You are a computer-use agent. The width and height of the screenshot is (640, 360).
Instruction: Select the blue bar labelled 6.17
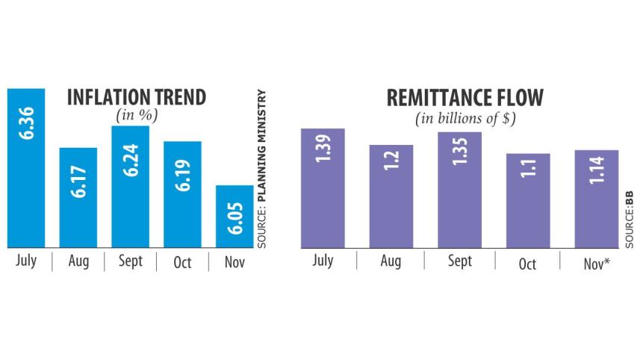pos(78,198)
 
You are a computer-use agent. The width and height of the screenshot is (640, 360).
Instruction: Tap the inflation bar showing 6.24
pos(130,187)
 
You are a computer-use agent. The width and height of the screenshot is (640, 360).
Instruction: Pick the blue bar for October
pos(182,194)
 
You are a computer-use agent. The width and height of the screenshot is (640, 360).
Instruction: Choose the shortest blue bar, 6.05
pos(234,217)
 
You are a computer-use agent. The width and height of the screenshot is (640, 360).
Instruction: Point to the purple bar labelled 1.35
pos(459,190)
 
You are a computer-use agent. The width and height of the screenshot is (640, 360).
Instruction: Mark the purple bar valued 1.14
pos(596,199)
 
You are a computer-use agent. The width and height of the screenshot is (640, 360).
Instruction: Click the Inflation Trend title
pos(137,98)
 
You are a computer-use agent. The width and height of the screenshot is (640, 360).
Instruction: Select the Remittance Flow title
pos(465,98)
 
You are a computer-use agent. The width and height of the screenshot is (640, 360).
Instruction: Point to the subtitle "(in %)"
pos(137,116)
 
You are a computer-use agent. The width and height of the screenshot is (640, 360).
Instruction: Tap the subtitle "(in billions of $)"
pos(465,118)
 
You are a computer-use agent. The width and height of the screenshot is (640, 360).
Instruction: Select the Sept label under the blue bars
pos(130,262)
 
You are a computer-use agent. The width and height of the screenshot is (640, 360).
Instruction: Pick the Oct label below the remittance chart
pos(527,263)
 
